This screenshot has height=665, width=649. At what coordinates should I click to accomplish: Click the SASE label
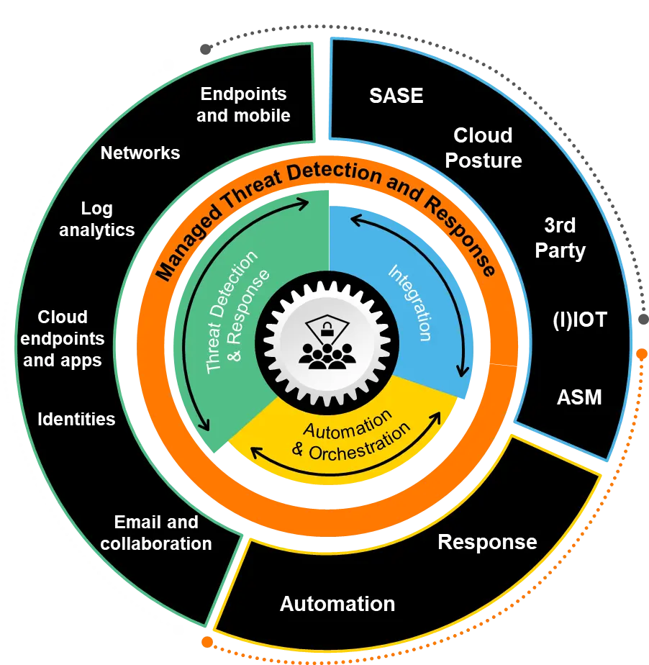pyautogui.click(x=396, y=96)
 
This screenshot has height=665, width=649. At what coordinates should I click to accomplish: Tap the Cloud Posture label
pyautogui.click(x=484, y=148)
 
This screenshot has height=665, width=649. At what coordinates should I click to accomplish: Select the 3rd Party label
pyautogui.click(x=560, y=237)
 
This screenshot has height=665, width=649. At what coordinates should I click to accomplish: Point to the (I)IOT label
pyautogui.click(x=579, y=320)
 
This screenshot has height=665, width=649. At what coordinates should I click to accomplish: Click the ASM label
pyautogui.click(x=579, y=397)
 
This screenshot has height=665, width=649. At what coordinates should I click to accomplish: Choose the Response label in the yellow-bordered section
pyautogui.click(x=487, y=542)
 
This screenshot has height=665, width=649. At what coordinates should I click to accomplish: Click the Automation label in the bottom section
pyautogui.click(x=337, y=604)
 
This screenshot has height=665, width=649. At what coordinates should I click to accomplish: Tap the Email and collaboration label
pyautogui.click(x=156, y=533)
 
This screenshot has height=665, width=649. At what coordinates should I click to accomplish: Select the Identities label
pyautogui.click(x=76, y=419)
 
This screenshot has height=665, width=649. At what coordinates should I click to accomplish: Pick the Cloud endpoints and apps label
pyautogui.click(x=63, y=339)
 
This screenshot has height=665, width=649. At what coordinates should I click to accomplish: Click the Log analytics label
pyautogui.click(x=97, y=220)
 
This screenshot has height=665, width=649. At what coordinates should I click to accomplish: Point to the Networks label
pyautogui.click(x=140, y=153)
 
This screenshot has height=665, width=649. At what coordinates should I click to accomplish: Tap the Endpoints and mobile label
pyautogui.click(x=243, y=104)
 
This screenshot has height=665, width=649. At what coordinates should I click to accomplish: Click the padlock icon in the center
pyautogui.click(x=326, y=332)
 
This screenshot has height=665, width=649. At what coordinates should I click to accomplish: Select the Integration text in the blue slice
pyautogui.click(x=412, y=302)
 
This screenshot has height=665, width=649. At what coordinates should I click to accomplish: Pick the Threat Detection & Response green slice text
pyautogui.click(x=238, y=311)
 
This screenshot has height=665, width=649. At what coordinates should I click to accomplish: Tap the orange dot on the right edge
pyautogui.click(x=640, y=353)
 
